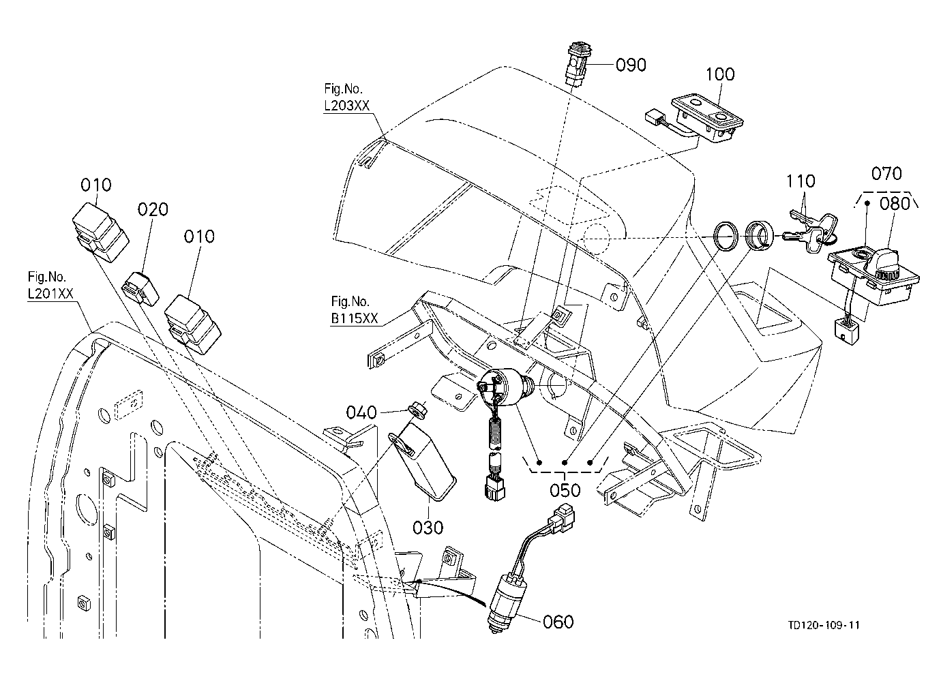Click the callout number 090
pyautogui.click(x=631, y=65)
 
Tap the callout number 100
pyautogui.click(x=720, y=74)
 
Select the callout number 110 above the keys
pyautogui.click(x=801, y=181)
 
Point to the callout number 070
pyautogui.click(x=886, y=174)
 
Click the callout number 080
pyautogui.click(x=895, y=204)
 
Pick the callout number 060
pyautogui.click(x=558, y=622)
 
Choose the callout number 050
pyautogui.click(x=565, y=490)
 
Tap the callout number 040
pyautogui.click(x=361, y=412)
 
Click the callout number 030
pyautogui.click(x=428, y=528)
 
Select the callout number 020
pyautogui.click(x=153, y=209)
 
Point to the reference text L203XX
pyautogui.click(x=347, y=106)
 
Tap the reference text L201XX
pyautogui.click(x=50, y=294)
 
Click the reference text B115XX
pyautogui.click(x=355, y=318)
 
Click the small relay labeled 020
pyautogui.click(x=140, y=288)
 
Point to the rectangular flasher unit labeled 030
pyautogui.click(x=422, y=461)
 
